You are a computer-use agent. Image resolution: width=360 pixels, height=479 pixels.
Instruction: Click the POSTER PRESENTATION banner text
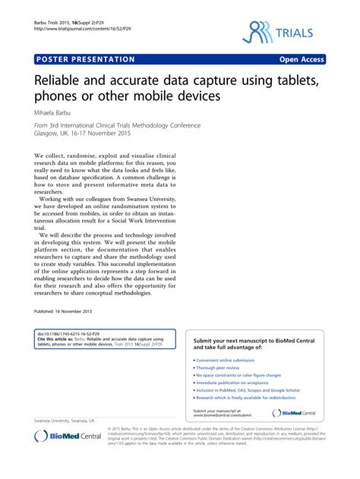click(85, 59)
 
